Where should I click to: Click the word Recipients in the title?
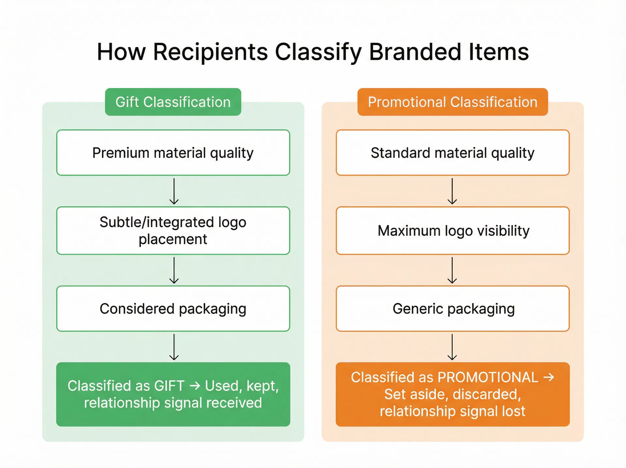(210, 52)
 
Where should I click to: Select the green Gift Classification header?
(173, 102)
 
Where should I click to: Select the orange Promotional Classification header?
(453, 102)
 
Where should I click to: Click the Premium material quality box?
(173, 153)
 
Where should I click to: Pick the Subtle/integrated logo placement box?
(173, 230)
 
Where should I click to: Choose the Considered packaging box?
(173, 309)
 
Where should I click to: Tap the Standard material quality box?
(453, 153)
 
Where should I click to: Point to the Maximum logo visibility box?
(453, 230)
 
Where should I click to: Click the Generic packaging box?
(453, 309)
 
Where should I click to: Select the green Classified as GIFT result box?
(173, 394)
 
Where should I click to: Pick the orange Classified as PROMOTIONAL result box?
(453, 394)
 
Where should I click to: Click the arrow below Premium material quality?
(174, 191)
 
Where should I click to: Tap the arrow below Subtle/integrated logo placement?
(174, 270)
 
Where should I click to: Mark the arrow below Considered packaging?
(174, 347)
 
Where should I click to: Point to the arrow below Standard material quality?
(452, 191)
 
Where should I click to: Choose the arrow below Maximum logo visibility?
(452, 270)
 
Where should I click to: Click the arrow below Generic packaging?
(452, 347)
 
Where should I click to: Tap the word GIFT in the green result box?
(169, 386)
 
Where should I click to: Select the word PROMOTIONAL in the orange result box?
(488, 377)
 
